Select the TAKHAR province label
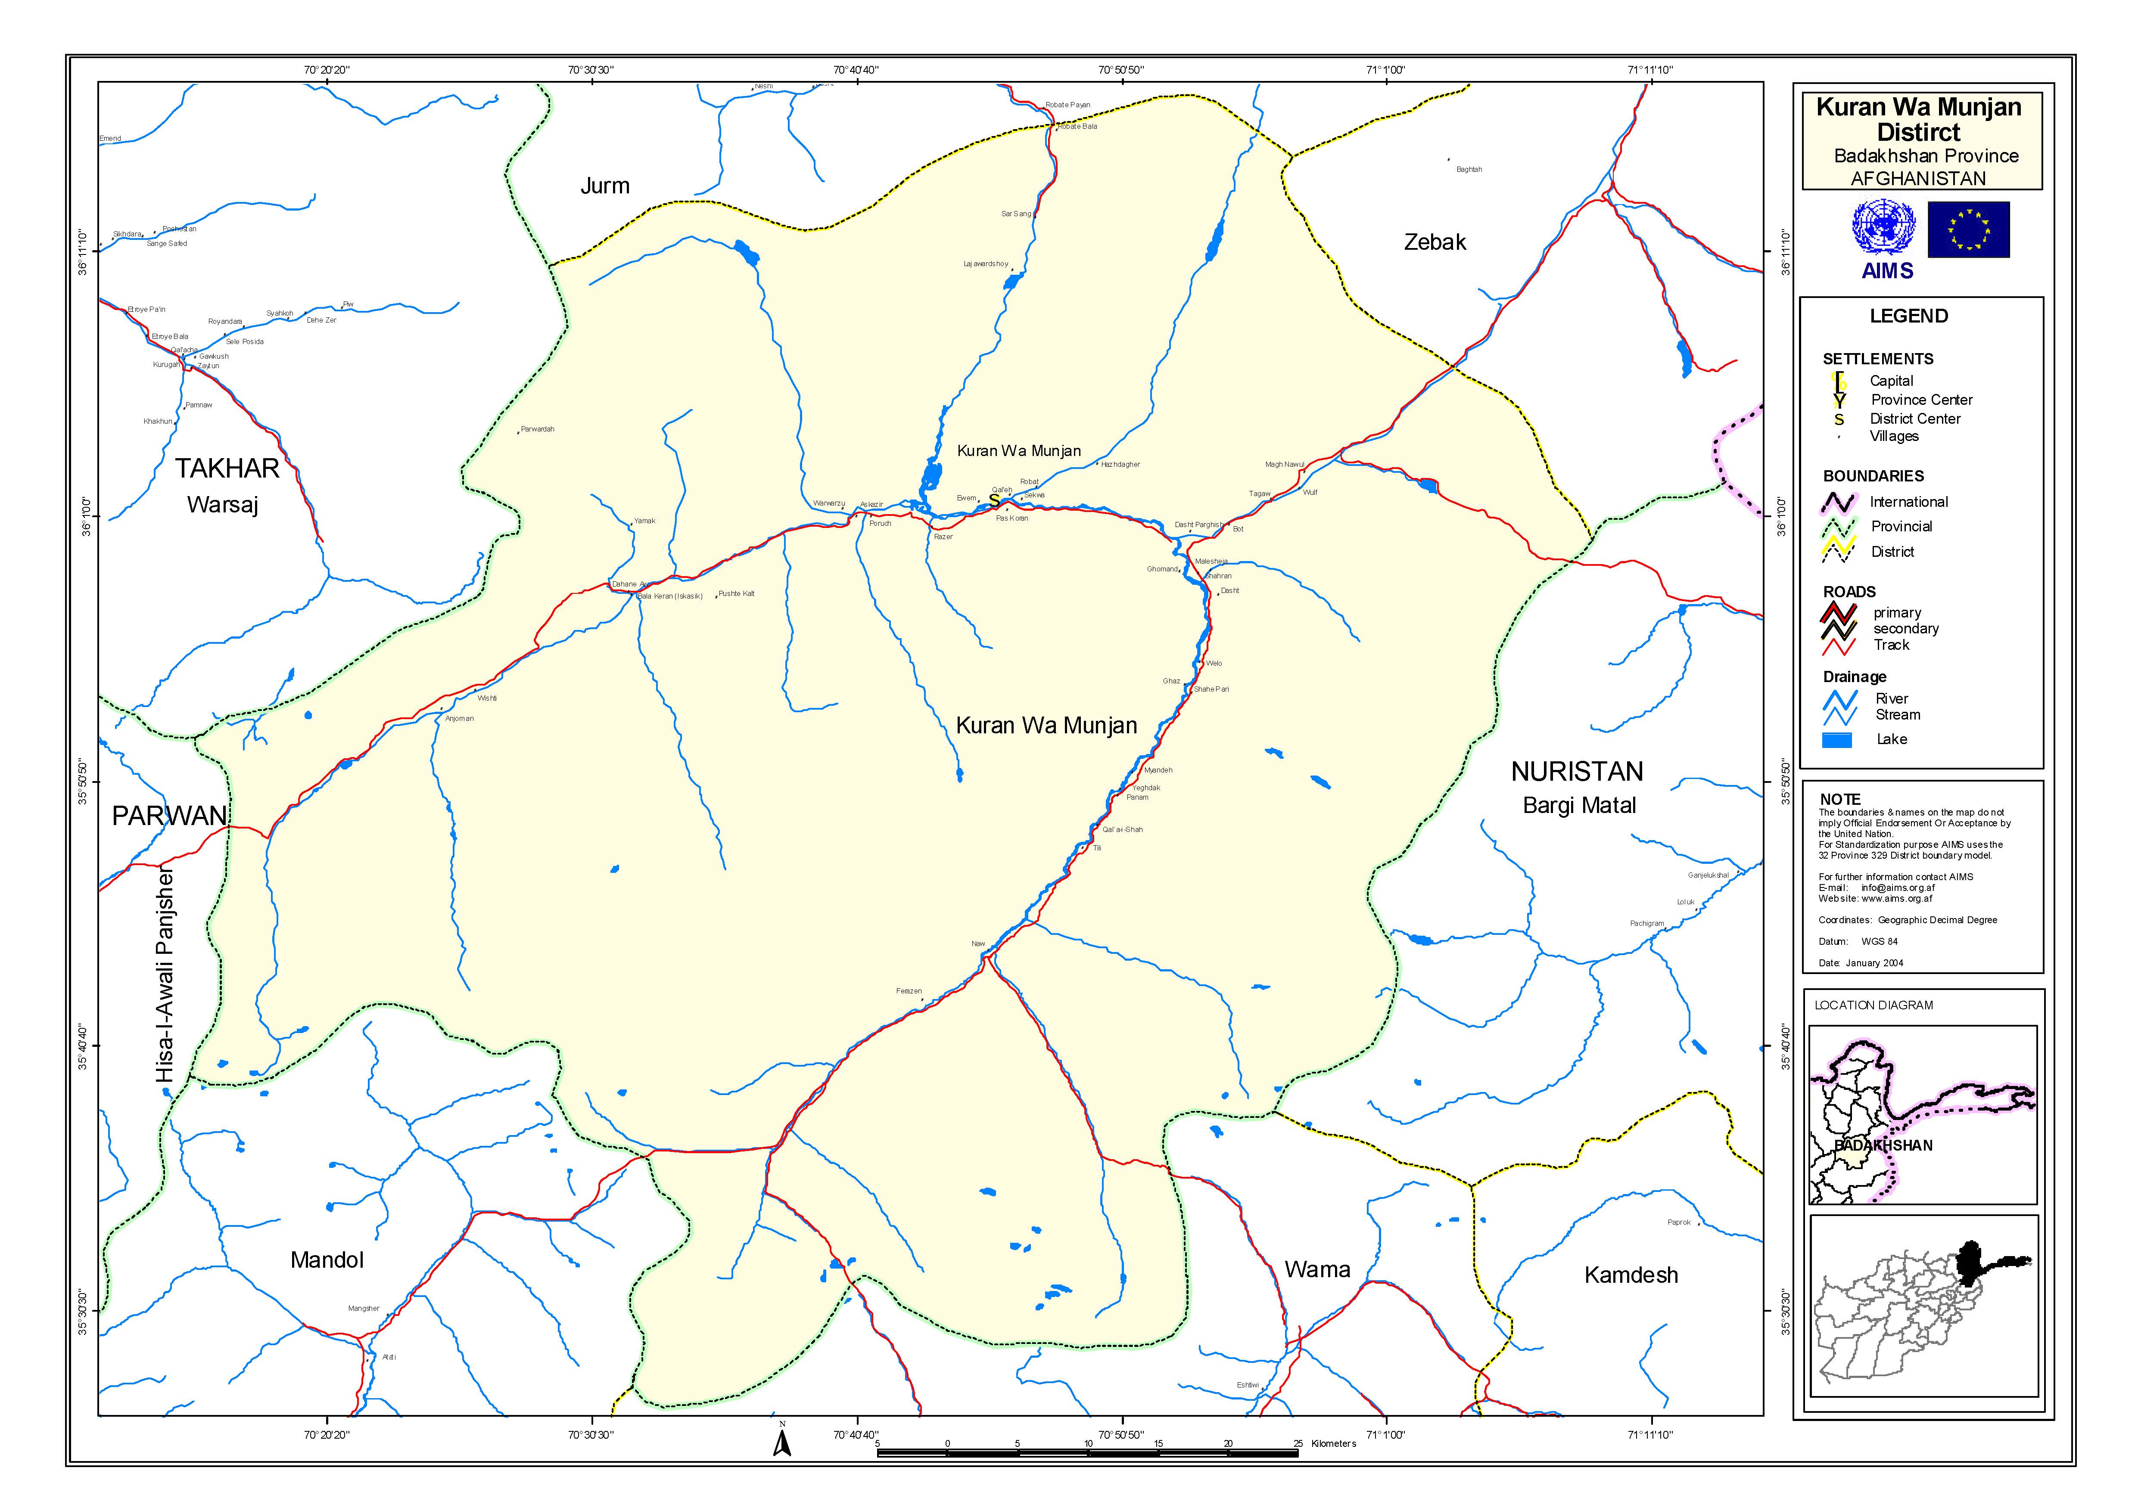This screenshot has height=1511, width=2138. coord(227,469)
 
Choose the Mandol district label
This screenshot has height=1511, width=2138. coord(327,1260)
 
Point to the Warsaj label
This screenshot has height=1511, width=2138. coord(223,505)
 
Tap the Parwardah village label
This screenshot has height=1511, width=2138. coord(537,429)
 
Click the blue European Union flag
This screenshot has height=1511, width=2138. coord(1967,229)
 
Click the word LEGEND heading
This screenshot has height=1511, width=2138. coord(1908,316)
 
